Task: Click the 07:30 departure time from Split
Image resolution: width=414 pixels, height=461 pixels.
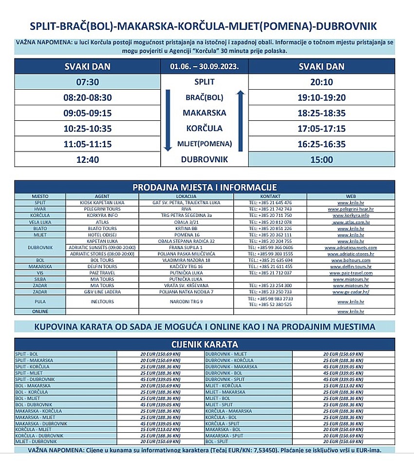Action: [88, 82]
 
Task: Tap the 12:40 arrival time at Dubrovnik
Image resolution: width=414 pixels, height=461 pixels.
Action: [88, 159]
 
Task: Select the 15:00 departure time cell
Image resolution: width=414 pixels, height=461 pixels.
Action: [321, 159]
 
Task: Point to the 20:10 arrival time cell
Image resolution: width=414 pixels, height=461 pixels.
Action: [321, 82]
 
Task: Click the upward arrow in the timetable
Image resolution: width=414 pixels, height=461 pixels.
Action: [240, 120]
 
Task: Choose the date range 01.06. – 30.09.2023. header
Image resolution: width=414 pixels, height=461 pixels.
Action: [204, 67]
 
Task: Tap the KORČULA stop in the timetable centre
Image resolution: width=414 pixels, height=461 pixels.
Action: [204, 129]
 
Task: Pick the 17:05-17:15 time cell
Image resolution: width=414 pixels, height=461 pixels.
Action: [321, 129]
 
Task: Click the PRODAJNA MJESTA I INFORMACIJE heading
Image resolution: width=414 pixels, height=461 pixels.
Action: [205, 187]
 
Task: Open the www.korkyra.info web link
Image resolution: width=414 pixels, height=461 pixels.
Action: [351, 215]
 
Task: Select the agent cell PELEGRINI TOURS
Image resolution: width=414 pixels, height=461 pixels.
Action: [102, 209]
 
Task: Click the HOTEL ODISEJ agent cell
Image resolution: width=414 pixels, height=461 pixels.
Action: [102, 234]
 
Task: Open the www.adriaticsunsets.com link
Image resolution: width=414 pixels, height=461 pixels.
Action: [351, 248]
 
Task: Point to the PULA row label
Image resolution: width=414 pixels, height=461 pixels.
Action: [40, 302]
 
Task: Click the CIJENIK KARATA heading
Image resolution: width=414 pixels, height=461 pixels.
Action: [205, 345]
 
